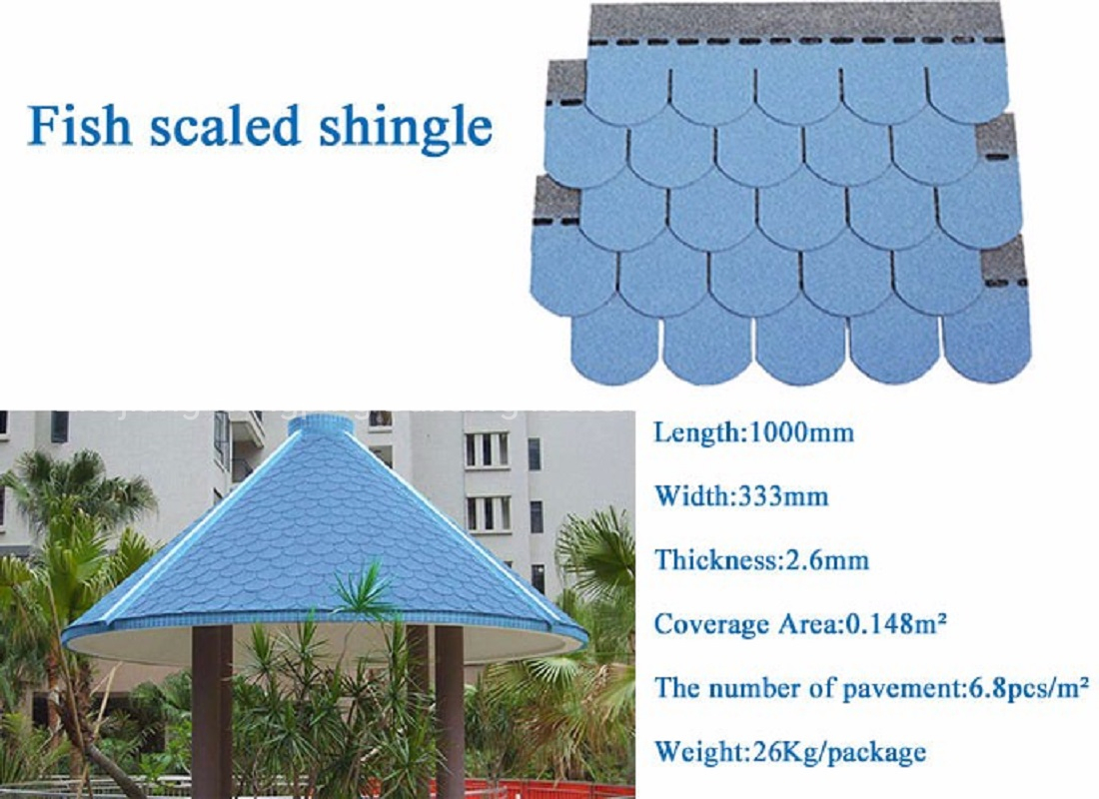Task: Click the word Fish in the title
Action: coord(79,125)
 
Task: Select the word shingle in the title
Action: coord(406,129)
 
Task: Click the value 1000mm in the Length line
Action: coord(802,431)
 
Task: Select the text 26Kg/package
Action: coord(838,753)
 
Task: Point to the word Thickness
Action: coord(713,560)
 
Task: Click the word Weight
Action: coord(698,753)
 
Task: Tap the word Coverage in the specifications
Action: coord(711,624)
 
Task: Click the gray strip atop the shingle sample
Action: coord(795,22)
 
